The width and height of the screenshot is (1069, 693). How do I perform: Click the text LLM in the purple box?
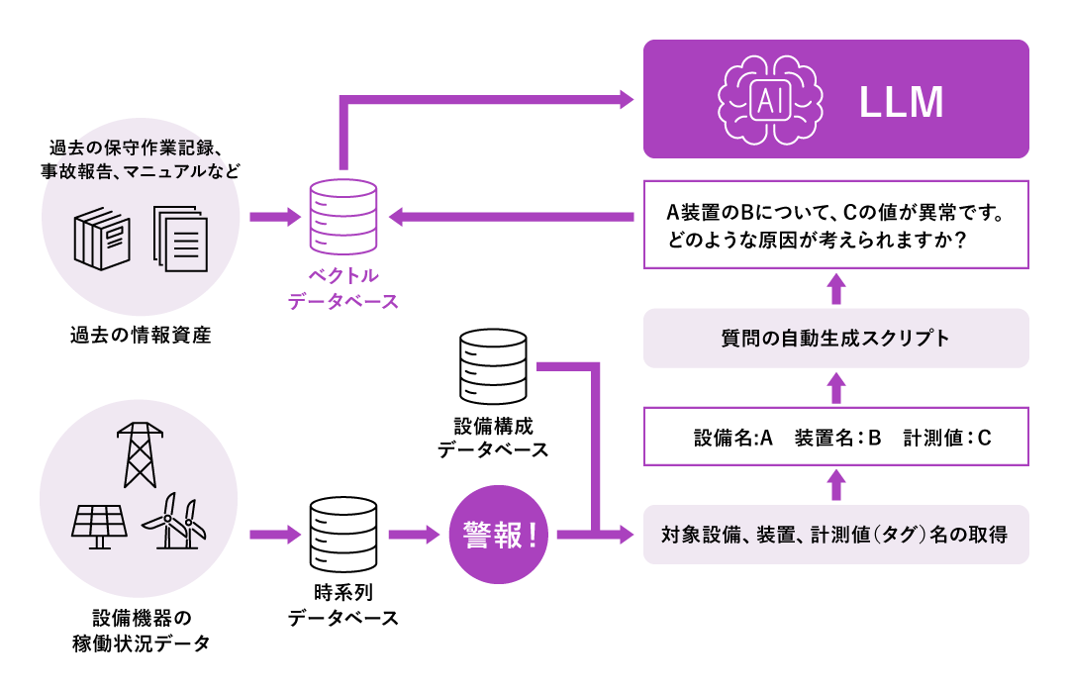pos(901,101)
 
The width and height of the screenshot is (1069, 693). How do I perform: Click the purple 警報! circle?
pos(499,536)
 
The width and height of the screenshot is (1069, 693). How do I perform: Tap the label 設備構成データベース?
pos(493,438)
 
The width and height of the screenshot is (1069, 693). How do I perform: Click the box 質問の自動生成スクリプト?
pos(836,339)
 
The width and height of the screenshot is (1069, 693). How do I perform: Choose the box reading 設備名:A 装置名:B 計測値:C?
pos(836,437)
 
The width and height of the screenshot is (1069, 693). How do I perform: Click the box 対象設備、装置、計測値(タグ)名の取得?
pos(836,536)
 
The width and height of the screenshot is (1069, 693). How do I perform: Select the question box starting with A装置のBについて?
pos(836,225)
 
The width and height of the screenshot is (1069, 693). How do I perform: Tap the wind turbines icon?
pos(175,521)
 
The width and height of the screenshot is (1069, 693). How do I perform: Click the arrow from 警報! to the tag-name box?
pos(594,536)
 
